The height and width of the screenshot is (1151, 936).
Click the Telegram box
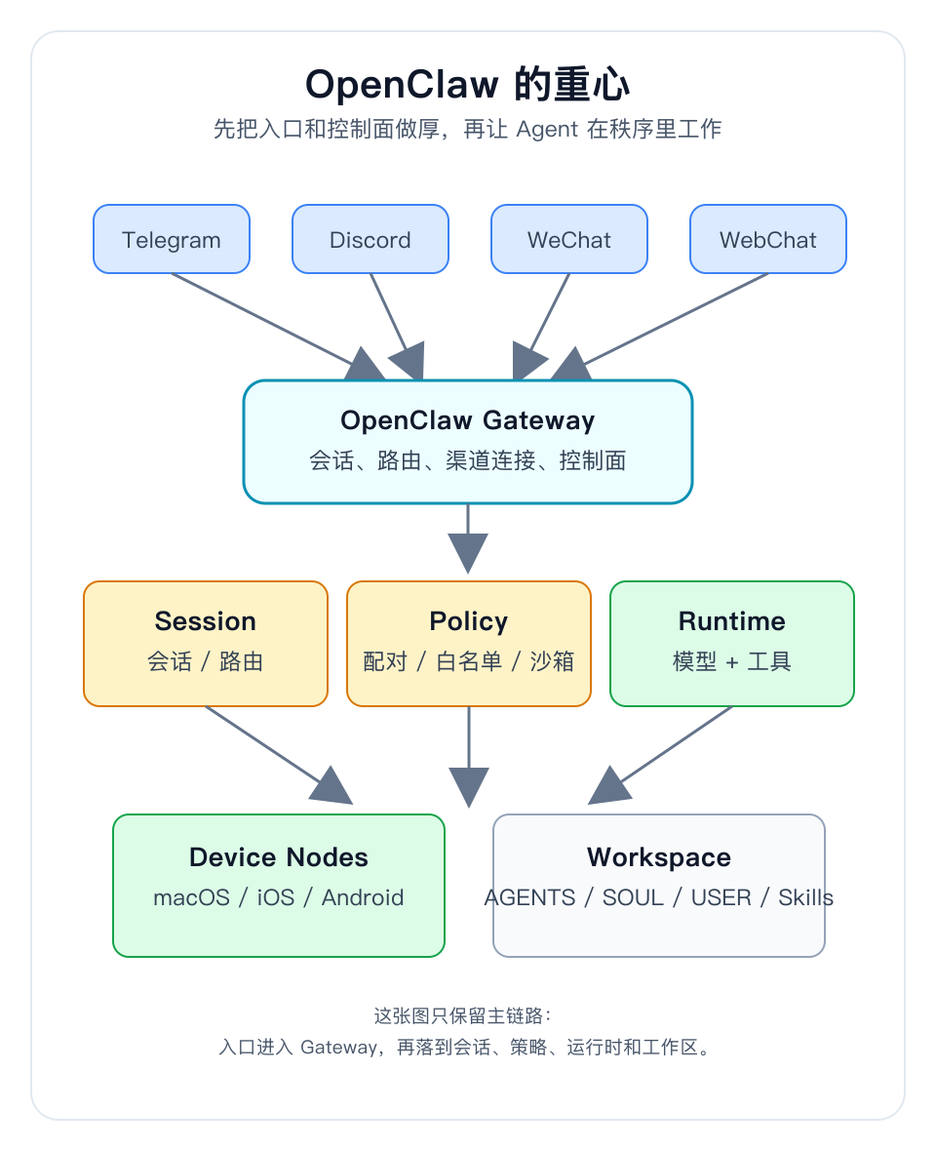pyautogui.click(x=172, y=239)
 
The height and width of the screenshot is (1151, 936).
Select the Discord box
pyautogui.click(x=370, y=239)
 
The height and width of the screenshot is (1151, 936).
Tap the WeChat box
pyautogui.click(x=569, y=239)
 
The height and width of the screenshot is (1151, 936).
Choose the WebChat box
pyautogui.click(x=768, y=239)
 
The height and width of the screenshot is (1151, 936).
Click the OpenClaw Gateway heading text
pyautogui.click(x=468, y=420)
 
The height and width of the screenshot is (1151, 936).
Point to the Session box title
pyautogui.click(x=206, y=621)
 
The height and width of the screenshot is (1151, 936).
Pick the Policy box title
pyautogui.click(x=469, y=621)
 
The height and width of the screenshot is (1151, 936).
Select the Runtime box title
pyautogui.click(x=732, y=621)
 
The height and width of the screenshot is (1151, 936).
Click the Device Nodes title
pyautogui.click(x=279, y=857)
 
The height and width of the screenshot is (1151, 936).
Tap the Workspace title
pyautogui.click(x=659, y=857)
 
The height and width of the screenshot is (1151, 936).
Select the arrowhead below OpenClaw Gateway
pyautogui.click(x=468, y=553)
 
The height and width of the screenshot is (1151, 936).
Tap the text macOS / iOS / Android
pyautogui.click(x=279, y=897)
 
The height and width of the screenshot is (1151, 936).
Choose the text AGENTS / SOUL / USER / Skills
pyautogui.click(x=659, y=897)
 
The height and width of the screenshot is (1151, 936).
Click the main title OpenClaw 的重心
pyautogui.click(x=468, y=85)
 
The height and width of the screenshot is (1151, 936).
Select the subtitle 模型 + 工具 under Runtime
pyautogui.click(x=732, y=661)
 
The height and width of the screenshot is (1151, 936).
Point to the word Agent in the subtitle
pyautogui.click(x=547, y=129)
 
